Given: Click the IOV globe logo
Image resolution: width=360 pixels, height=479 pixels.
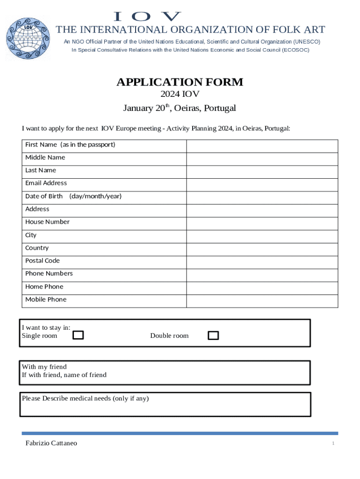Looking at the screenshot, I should coord(28,38).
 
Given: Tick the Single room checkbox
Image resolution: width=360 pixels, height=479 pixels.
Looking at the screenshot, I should coord(79,335).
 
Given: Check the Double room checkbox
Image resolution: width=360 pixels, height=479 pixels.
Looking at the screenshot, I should coord(213,335).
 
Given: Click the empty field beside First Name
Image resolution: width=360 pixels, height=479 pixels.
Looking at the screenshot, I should coord(262,146).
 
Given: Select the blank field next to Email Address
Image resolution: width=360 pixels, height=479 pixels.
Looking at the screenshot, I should coord(262,185).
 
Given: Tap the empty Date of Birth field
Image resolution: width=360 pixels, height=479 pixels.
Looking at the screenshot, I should coord(262,198).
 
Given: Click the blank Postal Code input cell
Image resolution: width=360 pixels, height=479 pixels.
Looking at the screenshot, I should coord(262,262).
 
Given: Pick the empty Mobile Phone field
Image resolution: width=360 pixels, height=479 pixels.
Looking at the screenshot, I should coord(262,301).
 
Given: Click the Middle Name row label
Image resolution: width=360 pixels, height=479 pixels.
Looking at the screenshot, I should coord(45,158).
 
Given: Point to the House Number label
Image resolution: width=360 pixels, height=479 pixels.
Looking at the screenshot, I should coord(47,222).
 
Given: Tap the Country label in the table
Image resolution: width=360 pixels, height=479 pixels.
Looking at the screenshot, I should coord(37,248).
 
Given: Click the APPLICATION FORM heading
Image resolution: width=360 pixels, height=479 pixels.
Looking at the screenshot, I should coord(180,82).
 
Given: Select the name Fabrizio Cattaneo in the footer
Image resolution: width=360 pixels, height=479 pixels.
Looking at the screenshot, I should coord(51,443).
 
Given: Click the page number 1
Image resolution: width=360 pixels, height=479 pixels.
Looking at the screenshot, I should coord(333,443).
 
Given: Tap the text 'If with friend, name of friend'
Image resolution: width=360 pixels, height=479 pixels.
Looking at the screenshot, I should coord(64,375).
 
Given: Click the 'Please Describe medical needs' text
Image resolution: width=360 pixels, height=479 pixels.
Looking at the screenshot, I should coord(85,399).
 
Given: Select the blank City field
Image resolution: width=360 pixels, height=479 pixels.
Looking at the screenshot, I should coord(262,237).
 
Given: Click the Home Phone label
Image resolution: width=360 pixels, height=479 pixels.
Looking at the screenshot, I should coord(44,286).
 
